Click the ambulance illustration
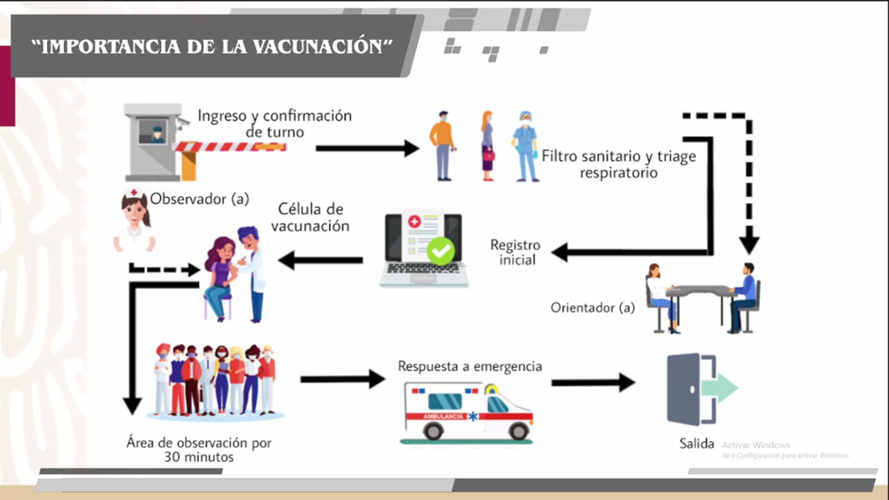click(x=468, y=409)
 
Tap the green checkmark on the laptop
click(x=440, y=251)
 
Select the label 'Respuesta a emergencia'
click(x=469, y=366)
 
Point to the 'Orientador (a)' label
click(x=593, y=308)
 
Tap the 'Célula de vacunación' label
click(x=310, y=218)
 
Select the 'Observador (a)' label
click(x=199, y=199)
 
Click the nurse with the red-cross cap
click(x=134, y=222)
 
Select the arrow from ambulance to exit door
click(x=592, y=383)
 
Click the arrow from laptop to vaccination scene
click(x=321, y=260)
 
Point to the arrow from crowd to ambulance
click(x=341, y=380)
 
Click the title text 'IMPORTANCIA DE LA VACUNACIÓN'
click(x=212, y=47)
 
